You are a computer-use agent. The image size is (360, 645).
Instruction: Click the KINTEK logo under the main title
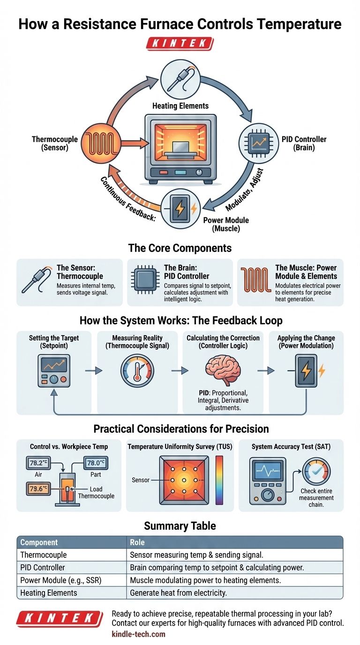(180, 44)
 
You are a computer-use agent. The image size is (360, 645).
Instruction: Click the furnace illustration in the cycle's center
(180, 149)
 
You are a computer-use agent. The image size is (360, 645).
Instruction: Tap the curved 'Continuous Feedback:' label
(127, 198)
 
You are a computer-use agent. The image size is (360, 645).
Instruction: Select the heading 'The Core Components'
(180, 247)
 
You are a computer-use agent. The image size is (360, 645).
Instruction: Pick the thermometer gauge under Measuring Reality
(136, 371)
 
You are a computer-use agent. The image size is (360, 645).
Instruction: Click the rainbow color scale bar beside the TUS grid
(219, 480)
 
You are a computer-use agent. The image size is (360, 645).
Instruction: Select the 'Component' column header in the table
(39, 542)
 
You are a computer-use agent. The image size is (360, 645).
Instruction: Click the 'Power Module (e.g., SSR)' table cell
(61, 580)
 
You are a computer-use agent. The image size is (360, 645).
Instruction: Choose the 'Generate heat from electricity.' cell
(178, 592)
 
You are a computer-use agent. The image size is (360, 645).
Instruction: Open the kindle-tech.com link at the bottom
(138, 634)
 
